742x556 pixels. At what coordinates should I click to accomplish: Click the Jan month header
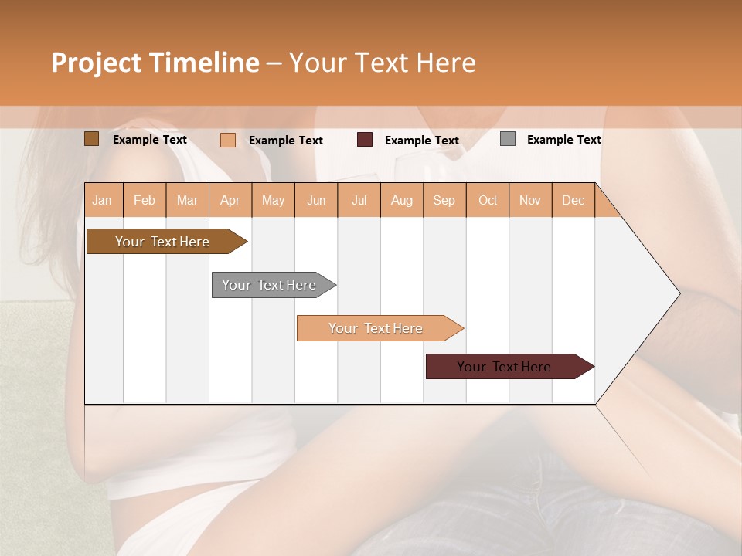tap(103, 200)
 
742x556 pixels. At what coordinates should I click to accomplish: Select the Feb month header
tap(145, 200)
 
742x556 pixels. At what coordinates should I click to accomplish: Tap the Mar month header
tap(187, 200)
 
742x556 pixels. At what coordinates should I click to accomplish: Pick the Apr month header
tap(230, 200)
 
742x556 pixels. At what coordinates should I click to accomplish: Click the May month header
tap(273, 200)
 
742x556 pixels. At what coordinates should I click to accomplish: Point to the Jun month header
tap(316, 200)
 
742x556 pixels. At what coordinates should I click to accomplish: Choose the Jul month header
tap(359, 200)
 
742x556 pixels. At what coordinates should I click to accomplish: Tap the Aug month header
tap(402, 200)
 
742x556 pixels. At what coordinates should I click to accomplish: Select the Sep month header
tap(444, 200)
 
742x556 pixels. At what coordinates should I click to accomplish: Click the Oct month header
tap(488, 200)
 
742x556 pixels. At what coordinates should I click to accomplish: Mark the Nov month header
tap(530, 200)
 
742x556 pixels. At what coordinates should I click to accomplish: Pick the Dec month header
tap(574, 200)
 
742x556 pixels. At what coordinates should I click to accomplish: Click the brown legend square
tap(91, 139)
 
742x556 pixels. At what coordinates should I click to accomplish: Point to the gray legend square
tap(508, 139)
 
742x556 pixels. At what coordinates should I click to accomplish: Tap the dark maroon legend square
tap(365, 140)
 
